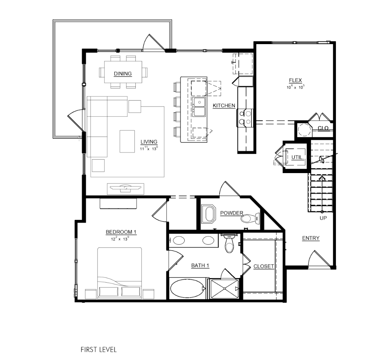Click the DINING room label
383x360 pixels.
point(123,74)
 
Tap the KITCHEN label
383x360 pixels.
point(224,106)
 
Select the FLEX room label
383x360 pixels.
point(295,80)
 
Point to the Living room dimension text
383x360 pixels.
point(149,148)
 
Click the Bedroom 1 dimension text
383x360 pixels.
point(120,239)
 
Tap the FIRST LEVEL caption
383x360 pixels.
point(99,350)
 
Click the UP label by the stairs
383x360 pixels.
point(323,218)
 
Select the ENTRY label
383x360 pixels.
point(311,238)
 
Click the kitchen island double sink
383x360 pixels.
point(199,107)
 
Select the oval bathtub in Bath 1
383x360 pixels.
point(187,288)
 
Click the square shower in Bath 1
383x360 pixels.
point(224,289)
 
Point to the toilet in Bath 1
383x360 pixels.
point(229,243)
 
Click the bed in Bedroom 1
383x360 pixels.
point(120,273)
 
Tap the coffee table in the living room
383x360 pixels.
point(127,141)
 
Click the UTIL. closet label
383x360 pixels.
point(297,157)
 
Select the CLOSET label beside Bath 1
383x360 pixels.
point(264,266)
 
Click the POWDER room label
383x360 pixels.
point(232,213)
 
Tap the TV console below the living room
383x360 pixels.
point(126,189)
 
